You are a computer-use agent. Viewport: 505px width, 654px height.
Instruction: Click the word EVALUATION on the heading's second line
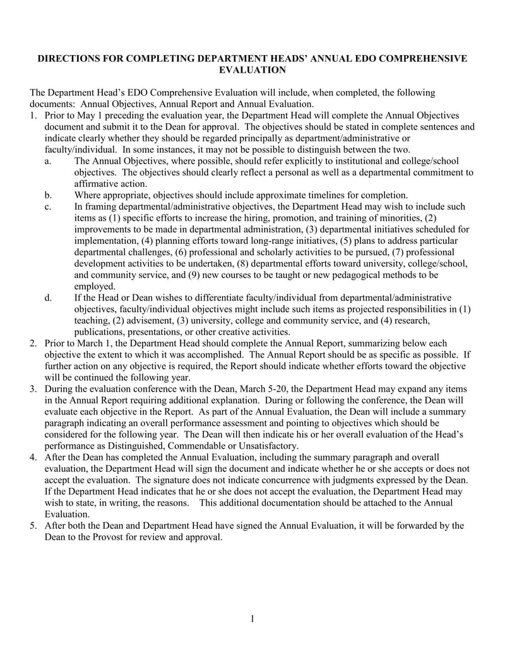(x=252, y=70)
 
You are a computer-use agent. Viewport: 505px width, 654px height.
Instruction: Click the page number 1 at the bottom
(x=252, y=619)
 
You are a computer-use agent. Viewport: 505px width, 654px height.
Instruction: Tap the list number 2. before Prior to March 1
(x=33, y=343)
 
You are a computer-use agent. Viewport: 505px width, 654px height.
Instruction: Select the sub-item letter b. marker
(x=49, y=195)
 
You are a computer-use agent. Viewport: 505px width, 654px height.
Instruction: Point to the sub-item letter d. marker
(x=49, y=298)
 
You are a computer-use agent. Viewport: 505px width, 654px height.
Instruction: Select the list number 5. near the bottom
(x=33, y=526)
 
